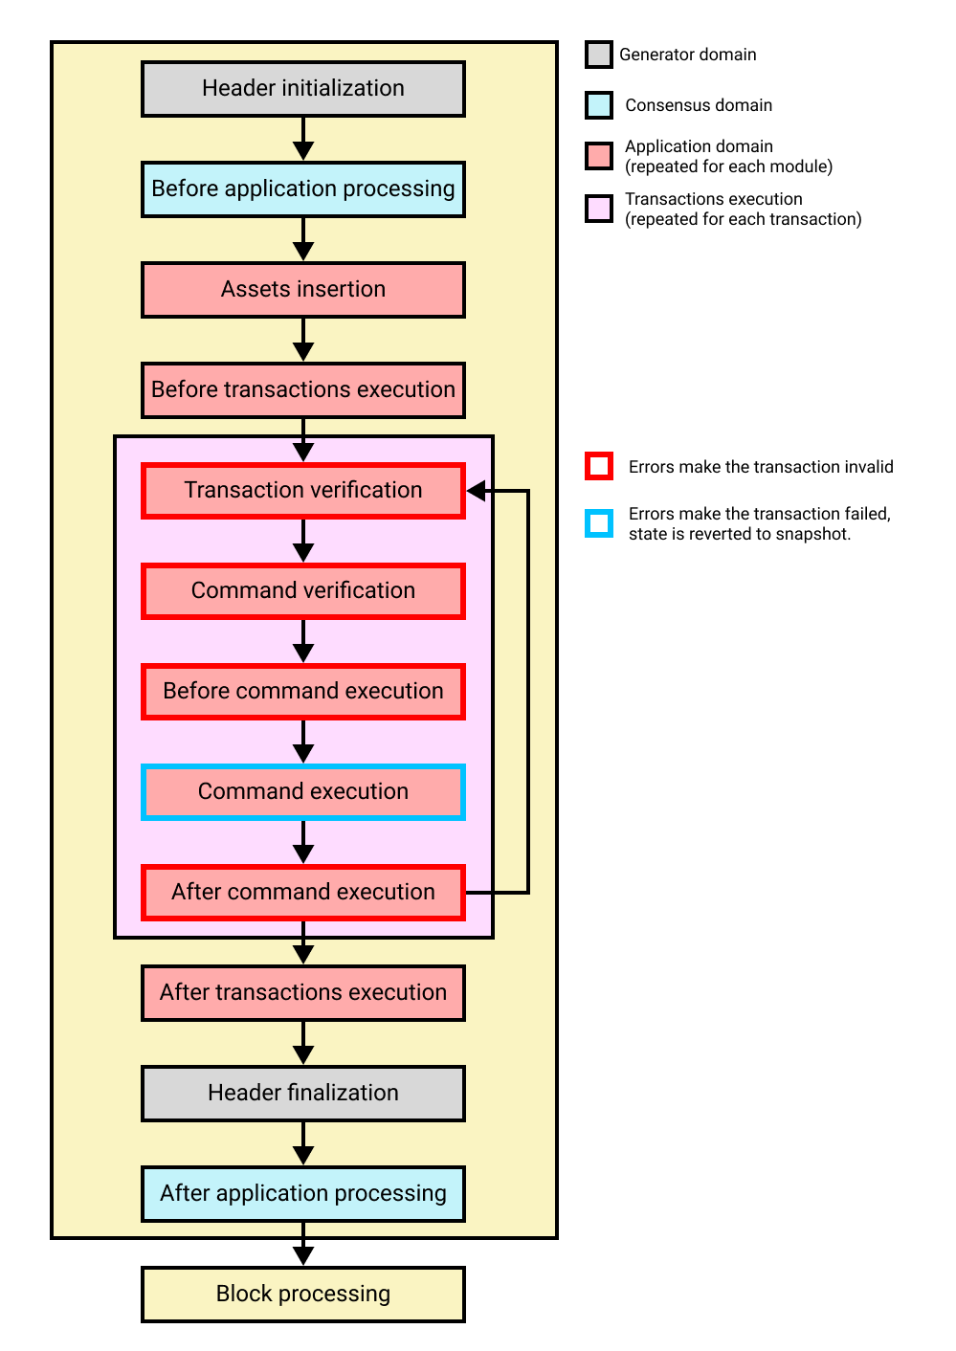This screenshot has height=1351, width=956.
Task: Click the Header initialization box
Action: (x=302, y=89)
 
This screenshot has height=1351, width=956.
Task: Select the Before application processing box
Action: (x=302, y=189)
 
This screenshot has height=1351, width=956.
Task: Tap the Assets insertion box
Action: (x=302, y=290)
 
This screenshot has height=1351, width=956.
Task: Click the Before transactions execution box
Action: (x=302, y=390)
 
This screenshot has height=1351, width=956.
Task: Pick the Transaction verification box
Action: (x=302, y=491)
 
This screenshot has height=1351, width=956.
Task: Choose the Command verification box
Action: (x=302, y=591)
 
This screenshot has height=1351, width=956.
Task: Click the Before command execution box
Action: (x=302, y=692)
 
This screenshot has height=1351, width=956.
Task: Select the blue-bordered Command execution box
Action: (x=302, y=792)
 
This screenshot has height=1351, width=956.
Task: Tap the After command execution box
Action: (x=302, y=893)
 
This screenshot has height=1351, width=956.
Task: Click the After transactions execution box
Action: (x=302, y=993)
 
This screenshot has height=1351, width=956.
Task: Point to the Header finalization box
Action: (x=302, y=1094)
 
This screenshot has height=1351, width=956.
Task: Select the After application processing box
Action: (x=302, y=1194)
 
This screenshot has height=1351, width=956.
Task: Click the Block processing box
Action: (x=302, y=1295)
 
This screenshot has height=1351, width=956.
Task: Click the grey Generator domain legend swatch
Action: (x=599, y=55)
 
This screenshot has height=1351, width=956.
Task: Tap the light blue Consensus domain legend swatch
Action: (x=599, y=105)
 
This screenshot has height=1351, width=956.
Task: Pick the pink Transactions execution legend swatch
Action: (x=599, y=209)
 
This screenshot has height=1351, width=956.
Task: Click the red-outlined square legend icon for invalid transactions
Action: (x=599, y=467)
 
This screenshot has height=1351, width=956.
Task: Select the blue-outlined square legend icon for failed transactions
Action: (x=599, y=523)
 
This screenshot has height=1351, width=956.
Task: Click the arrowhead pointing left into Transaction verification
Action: (x=477, y=491)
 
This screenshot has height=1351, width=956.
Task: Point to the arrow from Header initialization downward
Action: (x=302, y=140)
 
